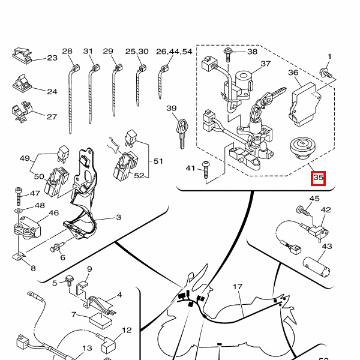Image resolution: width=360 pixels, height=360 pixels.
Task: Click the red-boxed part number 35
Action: pos(318,178)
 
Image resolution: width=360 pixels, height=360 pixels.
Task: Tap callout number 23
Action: pos(52,58)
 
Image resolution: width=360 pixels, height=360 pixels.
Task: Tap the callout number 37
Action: pos(265,64)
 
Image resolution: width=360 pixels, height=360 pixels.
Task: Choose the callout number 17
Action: pos(237,287)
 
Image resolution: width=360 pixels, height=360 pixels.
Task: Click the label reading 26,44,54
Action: pos(174,52)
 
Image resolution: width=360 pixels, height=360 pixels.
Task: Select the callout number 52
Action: pos(139,176)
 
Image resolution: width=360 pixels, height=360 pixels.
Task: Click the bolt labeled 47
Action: pos(19,194)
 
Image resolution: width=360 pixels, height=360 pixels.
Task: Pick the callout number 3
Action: pos(118,218)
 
